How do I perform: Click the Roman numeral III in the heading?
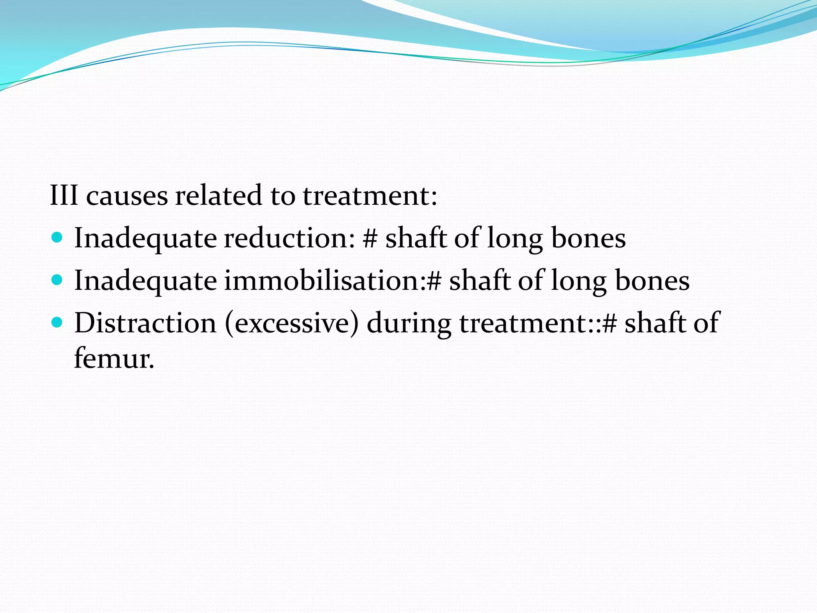tap(64, 196)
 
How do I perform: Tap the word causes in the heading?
tap(127, 197)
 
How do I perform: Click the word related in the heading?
tap(218, 196)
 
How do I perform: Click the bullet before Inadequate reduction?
tap(57, 238)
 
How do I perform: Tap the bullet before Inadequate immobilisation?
tap(57, 280)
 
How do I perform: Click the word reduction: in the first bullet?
tap(289, 238)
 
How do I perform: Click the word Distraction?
tap(145, 322)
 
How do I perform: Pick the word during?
tap(409, 323)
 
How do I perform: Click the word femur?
tap(114, 358)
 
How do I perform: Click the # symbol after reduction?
tap(371, 238)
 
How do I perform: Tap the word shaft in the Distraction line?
tap(655, 322)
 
